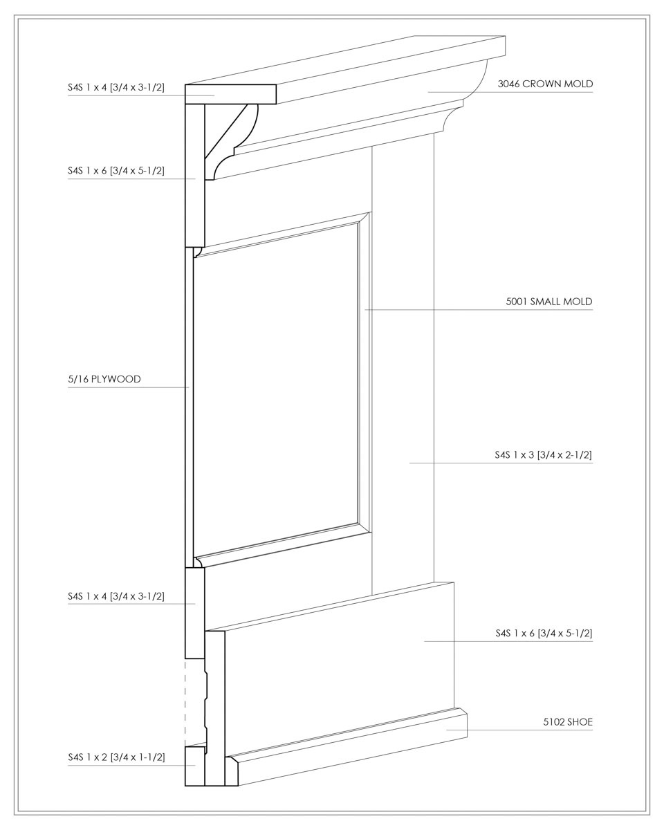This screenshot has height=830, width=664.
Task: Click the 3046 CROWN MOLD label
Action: click(x=545, y=84)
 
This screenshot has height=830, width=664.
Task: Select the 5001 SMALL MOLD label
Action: click(x=548, y=302)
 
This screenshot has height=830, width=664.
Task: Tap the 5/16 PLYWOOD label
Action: click(x=104, y=379)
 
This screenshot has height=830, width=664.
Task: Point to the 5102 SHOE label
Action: click(x=568, y=722)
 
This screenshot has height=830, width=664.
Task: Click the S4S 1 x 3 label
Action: click(x=543, y=454)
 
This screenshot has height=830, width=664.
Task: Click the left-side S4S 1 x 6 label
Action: click(x=116, y=170)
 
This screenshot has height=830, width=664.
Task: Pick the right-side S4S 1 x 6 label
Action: click(x=544, y=634)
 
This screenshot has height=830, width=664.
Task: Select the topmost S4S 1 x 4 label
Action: click(x=116, y=87)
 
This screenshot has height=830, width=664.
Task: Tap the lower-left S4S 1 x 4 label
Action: click(x=116, y=596)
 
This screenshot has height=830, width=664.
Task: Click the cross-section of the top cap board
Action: click(x=231, y=94)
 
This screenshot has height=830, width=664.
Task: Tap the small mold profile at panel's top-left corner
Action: click(x=197, y=252)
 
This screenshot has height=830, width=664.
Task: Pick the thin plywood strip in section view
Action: click(x=189, y=407)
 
